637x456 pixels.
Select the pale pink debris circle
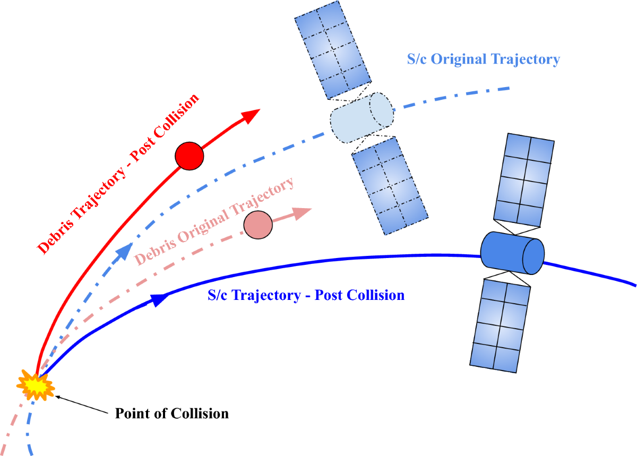coord(258,225)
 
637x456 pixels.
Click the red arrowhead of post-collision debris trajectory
coord(251,116)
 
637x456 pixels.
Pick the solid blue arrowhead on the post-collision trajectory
coord(158,300)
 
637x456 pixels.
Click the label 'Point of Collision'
coord(172,414)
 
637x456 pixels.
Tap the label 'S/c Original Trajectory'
coord(483,59)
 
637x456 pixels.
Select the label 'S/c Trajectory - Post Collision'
coord(306,295)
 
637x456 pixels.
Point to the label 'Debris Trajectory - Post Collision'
coord(118,173)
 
